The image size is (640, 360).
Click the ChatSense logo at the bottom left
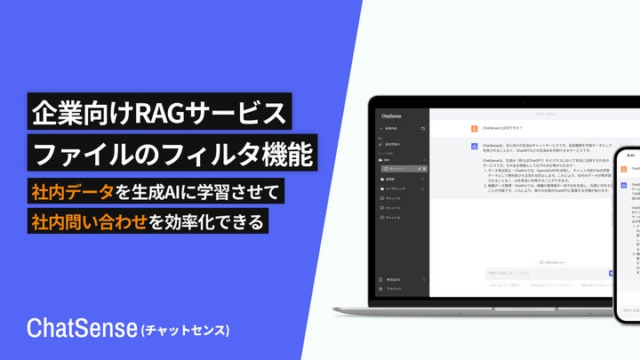point(82,328)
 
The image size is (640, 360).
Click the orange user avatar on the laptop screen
point(475,126)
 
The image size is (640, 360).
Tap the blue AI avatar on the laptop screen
point(475,144)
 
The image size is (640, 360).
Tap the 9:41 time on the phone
point(630,155)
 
